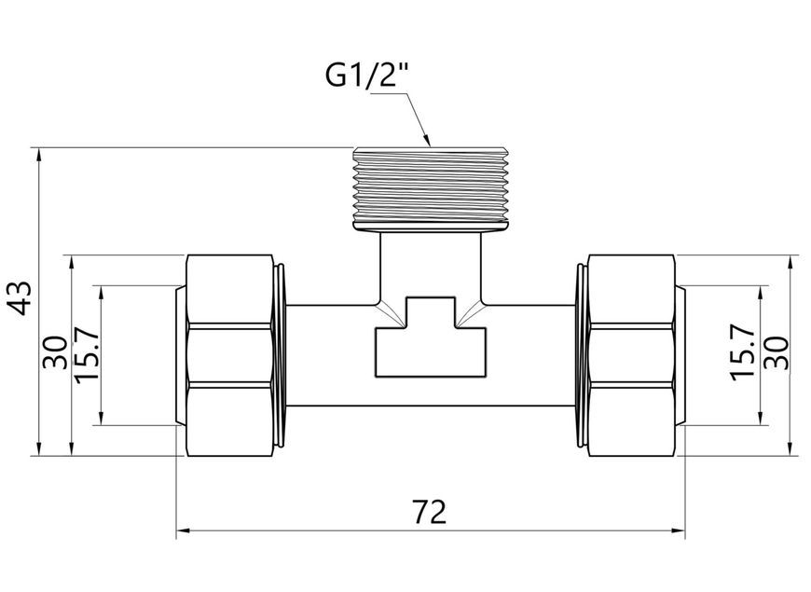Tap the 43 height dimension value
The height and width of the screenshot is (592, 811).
(21, 298)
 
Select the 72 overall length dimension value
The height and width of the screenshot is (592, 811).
(430, 513)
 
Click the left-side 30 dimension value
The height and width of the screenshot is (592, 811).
(55, 352)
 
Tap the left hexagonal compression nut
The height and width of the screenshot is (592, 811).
(229, 355)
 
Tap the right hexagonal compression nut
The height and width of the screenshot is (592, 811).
(631, 355)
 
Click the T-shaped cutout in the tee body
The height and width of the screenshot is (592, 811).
(431, 337)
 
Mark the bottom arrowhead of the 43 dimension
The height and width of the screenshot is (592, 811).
(39, 448)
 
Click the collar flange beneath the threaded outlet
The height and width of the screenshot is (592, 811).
(431, 227)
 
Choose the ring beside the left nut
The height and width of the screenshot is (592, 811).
(280, 355)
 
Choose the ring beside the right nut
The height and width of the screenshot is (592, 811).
(581, 355)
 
